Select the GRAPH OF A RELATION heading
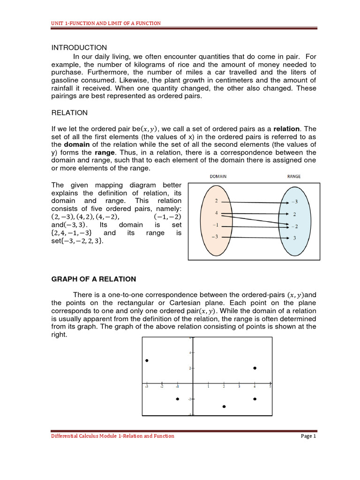pos(93,279)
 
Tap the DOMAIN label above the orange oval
pos(217,177)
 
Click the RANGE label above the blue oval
pos(293,177)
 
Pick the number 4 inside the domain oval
pos(216,213)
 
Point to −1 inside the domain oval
pos(215,225)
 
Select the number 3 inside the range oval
pos(294,238)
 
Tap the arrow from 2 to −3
pos(253,201)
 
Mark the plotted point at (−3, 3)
pos(147,360)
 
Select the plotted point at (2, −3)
pos(224,406)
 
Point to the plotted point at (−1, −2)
pos(177,399)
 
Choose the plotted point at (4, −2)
pos(255,399)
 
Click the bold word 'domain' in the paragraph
pos(76,144)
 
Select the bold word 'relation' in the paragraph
pos(286,128)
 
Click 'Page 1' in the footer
pos(308,436)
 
